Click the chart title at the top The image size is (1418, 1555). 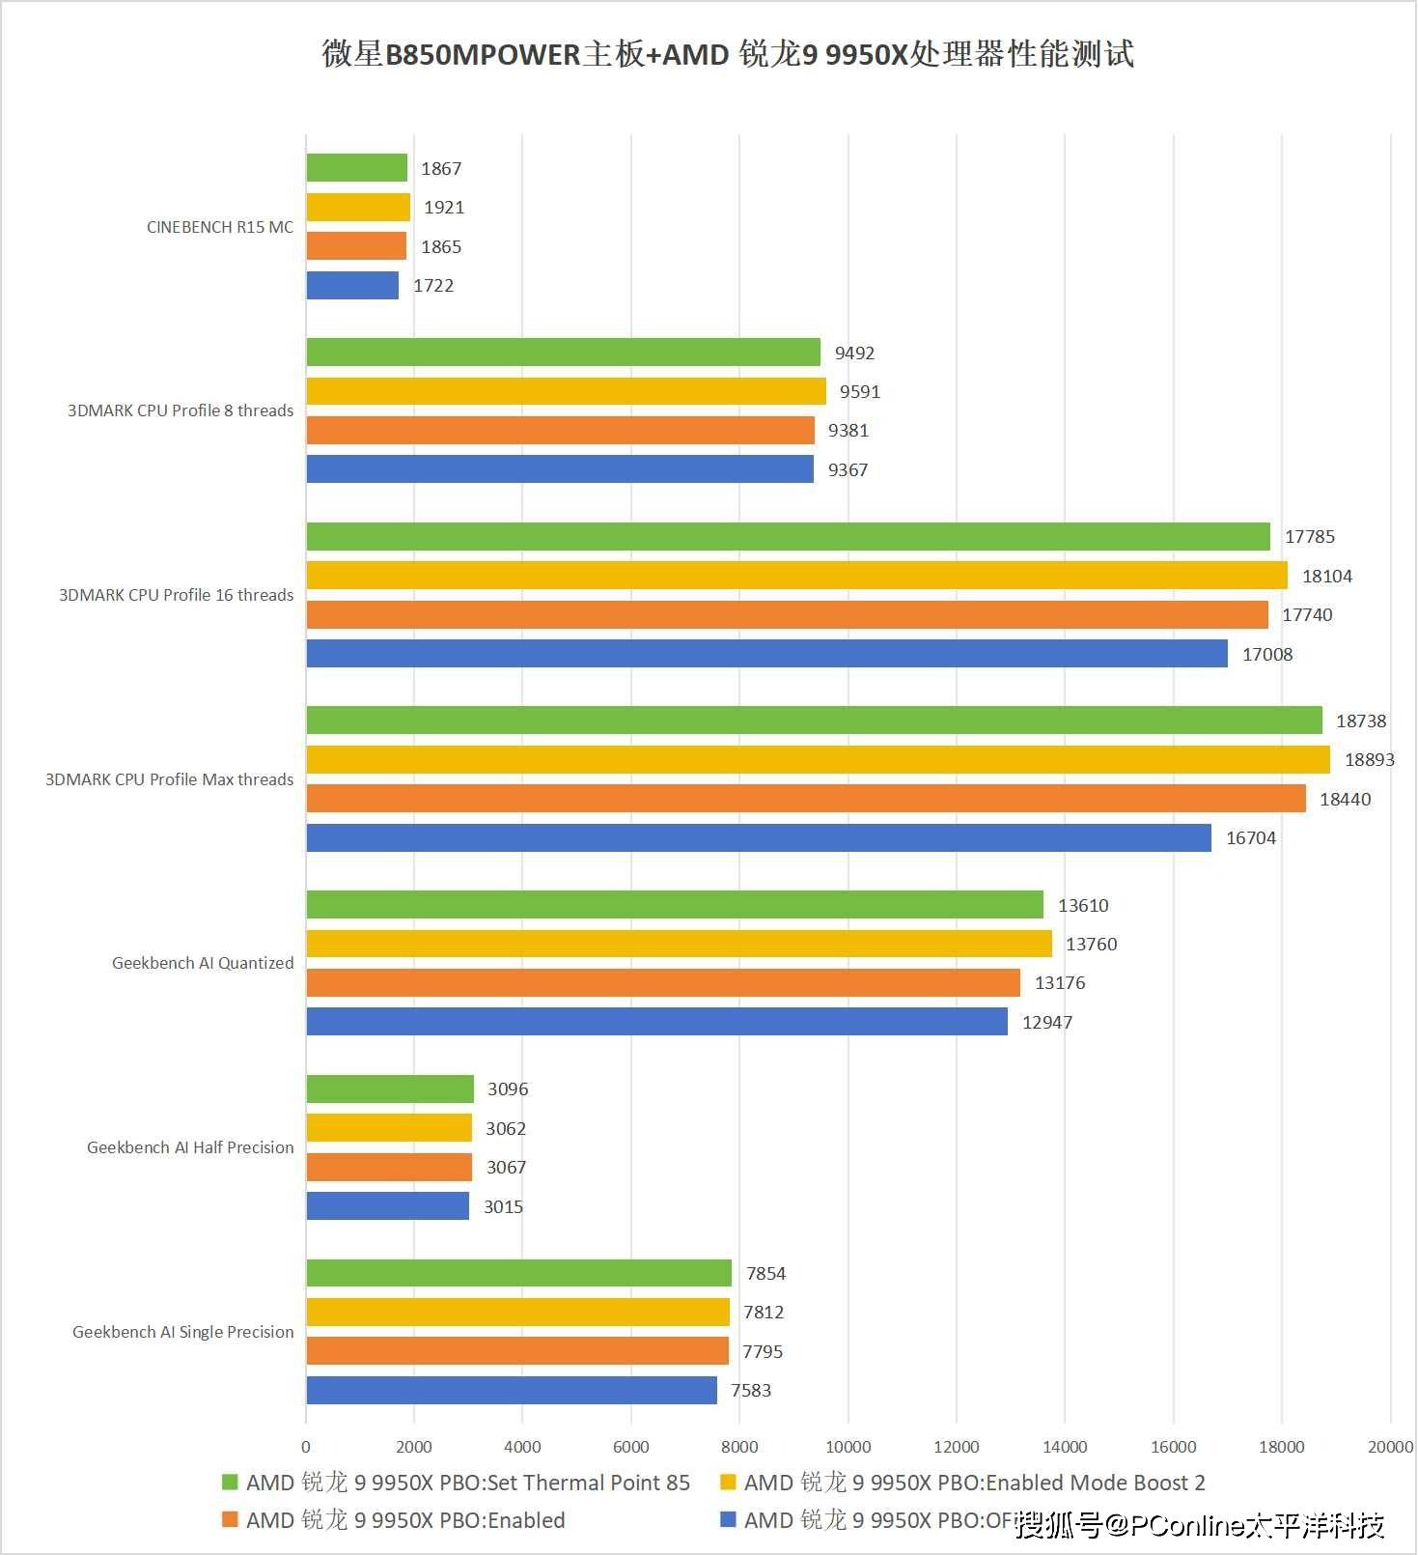click(x=728, y=54)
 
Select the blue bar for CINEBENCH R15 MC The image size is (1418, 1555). click(x=352, y=285)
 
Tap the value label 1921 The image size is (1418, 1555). click(x=444, y=208)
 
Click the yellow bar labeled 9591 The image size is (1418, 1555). click(x=566, y=391)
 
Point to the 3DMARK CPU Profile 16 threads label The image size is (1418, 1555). click(x=176, y=595)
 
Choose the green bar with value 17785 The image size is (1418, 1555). click(x=788, y=536)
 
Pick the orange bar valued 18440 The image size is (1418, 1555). click(x=806, y=799)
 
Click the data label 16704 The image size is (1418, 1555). click(x=1250, y=838)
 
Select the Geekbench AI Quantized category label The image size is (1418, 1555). click(x=203, y=963)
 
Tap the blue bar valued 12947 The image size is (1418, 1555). click(x=656, y=1022)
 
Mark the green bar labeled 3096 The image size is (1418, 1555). click(x=390, y=1088)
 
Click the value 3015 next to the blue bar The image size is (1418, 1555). click(x=503, y=1206)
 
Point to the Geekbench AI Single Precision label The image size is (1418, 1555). click(x=182, y=1332)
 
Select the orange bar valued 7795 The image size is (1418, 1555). click(x=517, y=1351)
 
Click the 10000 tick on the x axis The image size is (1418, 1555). click(x=848, y=1447)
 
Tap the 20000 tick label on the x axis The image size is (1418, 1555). click(x=1390, y=1447)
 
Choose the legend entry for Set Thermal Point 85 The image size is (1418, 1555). click(x=467, y=1483)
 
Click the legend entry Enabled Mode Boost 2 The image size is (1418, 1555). click(x=974, y=1483)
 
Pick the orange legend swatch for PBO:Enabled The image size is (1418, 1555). click(x=230, y=1520)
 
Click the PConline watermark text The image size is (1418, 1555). click(x=1201, y=1525)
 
